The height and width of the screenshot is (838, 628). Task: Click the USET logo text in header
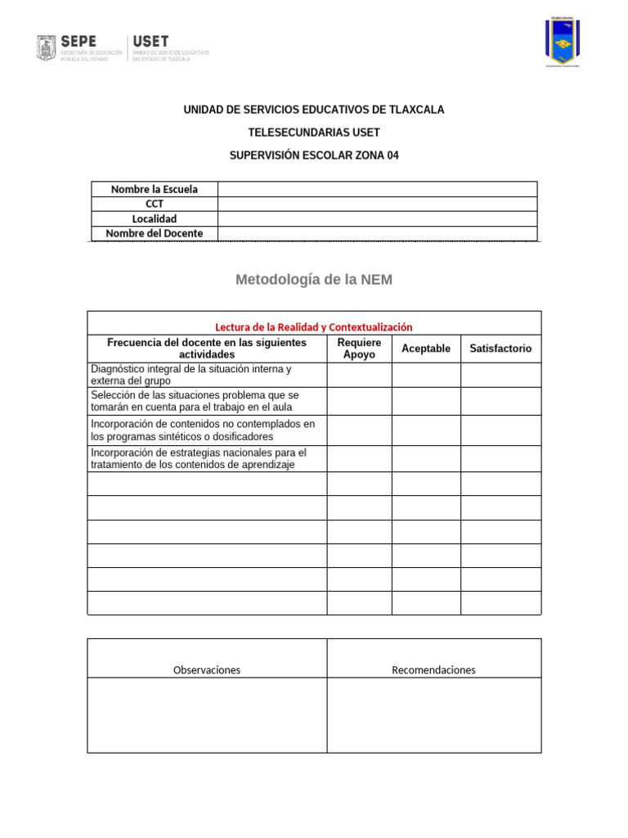click(x=150, y=41)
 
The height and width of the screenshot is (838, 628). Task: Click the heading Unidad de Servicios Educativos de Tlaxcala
click(x=314, y=110)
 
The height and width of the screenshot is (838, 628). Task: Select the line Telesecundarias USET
click(x=314, y=133)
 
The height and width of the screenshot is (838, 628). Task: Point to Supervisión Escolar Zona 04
click(x=314, y=155)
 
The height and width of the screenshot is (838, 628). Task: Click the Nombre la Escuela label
click(x=154, y=189)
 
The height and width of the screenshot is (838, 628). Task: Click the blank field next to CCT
click(x=377, y=204)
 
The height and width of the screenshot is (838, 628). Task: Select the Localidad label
click(x=154, y=219)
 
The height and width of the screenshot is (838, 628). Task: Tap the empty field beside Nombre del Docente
click(x=377, y=233)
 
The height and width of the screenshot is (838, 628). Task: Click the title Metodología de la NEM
click(x=314, y=280)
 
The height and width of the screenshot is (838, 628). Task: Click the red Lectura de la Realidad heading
click(x=314, y=327)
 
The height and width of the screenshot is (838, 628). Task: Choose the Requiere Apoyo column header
click(x=359, y=349)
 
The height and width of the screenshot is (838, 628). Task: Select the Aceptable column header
click(x=426, y=349)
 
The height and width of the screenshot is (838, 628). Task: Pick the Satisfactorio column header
click(x=500, y=349)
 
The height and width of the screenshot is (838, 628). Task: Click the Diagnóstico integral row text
click(x=191, y=375)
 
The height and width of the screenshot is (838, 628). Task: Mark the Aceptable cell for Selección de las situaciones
click(x=426, y=401)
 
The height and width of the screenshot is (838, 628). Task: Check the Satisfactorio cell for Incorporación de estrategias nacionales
click(x=500, y=458)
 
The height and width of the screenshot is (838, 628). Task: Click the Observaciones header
click(x=207, y=669)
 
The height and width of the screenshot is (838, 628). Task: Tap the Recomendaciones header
click(x=433, y=669)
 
